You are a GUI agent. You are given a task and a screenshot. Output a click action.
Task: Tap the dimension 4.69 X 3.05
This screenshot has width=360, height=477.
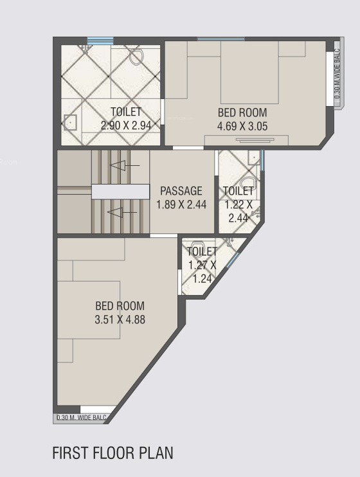[x=242, y=125]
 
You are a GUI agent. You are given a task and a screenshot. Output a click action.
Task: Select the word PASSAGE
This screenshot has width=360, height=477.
[x=181, y=191]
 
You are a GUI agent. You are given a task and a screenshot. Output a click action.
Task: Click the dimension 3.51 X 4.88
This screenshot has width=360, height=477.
[x=120, y=318]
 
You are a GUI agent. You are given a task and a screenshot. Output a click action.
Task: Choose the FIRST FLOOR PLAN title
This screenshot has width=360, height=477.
[x=113, y=453]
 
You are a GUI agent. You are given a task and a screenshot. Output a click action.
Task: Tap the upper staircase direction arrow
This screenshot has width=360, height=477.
[x=123, y=166]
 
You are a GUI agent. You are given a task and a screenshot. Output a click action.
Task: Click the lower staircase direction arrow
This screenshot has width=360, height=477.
[x=122, y=212]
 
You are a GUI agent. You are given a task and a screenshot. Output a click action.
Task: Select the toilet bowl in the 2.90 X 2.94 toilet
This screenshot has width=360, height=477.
[x=136, y=57]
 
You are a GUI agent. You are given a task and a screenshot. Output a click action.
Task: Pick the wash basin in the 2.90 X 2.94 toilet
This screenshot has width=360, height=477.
[x=70, y=121]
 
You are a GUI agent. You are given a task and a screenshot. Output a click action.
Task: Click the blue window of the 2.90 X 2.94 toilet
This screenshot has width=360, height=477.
[x=100, y=40]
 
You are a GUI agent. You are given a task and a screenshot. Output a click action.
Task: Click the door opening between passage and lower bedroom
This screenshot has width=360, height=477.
[x=164, y=235]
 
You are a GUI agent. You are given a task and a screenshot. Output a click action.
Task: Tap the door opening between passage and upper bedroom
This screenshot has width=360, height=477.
[x=187, y=148]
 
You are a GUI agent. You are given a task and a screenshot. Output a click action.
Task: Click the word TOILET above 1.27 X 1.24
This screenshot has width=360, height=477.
[x=202, y=251]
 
